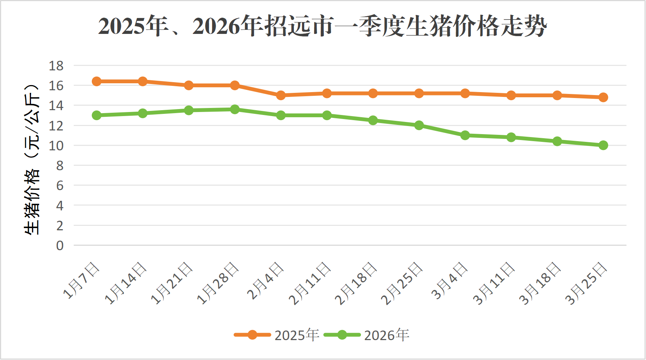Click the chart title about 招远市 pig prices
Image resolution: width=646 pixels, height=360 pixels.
tap(322, 27)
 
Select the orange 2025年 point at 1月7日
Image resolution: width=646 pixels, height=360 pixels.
tap(97, 81)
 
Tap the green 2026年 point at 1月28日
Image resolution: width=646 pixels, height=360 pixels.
tap(235, 109)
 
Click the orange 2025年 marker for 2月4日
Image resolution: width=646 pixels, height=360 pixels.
tap(281, 95)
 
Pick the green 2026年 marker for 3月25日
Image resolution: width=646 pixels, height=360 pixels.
tap(603, 145)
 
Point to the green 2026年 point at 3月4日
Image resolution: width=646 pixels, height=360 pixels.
tap(465, 135)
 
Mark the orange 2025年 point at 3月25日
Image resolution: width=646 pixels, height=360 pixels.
tap(603, 97)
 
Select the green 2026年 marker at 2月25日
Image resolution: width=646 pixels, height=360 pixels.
tap(419, 125)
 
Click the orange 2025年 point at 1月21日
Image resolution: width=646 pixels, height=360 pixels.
tap(189, 85)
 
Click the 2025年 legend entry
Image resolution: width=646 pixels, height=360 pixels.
tap(277, 335)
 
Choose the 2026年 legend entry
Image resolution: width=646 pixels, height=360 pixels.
tap(367, 335)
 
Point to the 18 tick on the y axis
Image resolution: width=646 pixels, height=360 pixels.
tap(56, 66)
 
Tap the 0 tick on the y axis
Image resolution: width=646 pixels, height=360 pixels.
tap(60, 245)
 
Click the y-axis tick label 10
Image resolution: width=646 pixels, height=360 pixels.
tap(56, 146)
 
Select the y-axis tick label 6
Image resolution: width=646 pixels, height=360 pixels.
tap(60, 185)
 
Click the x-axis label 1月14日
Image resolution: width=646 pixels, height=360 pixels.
tap(126, 283)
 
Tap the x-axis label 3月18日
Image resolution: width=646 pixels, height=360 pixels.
tap(540, 283)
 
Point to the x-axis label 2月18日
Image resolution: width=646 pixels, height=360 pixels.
tap(356, 283)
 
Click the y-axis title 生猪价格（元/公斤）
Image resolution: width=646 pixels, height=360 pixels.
tap(32, 159)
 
